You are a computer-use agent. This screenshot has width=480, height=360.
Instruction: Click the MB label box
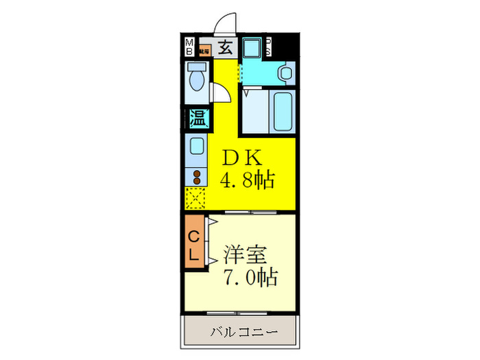point(189,47)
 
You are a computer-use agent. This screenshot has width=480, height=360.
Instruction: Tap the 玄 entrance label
point(224,47)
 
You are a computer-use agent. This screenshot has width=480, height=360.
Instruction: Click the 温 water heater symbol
point(197,118)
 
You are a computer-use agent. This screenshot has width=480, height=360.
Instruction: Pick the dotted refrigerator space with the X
point(197,199)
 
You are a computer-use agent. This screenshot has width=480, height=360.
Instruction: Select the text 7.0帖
point(250,278)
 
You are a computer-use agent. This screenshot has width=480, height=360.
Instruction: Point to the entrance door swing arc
point(225,24)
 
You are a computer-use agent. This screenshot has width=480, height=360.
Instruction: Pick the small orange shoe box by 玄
point(204,49)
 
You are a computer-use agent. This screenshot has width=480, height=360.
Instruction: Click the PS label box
point(269,47)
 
